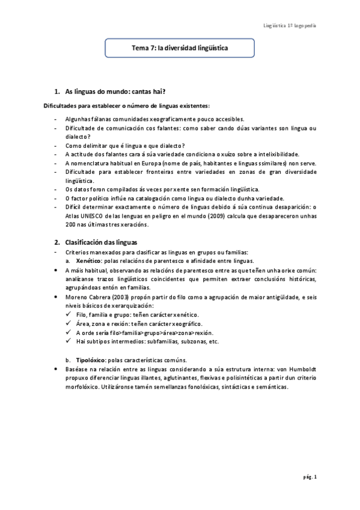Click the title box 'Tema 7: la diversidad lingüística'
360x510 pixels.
180,46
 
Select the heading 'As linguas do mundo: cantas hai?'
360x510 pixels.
106,92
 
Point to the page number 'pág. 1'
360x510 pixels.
310,477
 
